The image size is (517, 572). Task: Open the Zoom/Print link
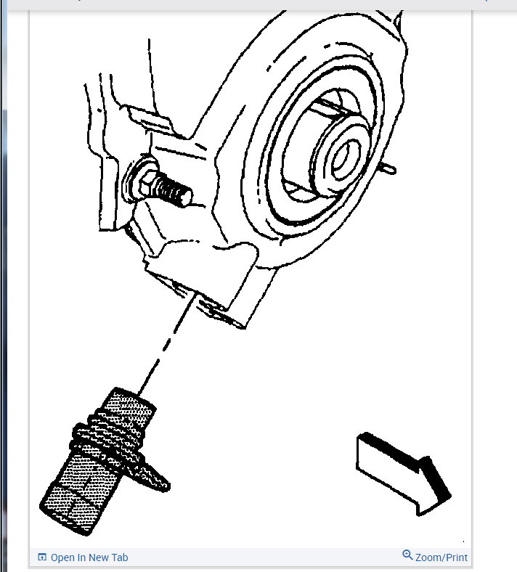tap(441, 557)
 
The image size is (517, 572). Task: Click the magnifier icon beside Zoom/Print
tap(407, 556)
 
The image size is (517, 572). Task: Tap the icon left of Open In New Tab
tap(42, 557)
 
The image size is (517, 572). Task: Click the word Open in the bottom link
tap(62, 557)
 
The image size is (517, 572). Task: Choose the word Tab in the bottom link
tap(119, 557)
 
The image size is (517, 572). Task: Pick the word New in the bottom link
tap(99, 557)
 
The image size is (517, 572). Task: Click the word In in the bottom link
tap(81, 557)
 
